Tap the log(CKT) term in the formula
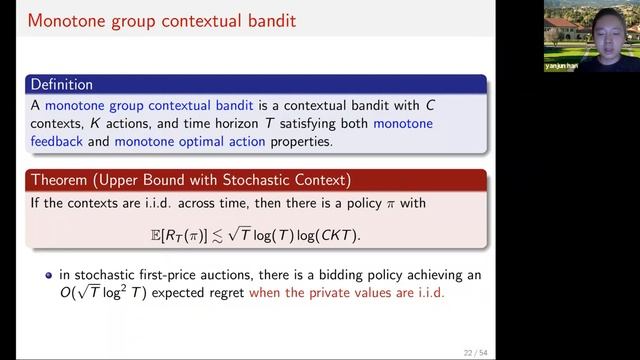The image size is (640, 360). click(x=336, y=235)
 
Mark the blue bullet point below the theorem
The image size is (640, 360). click(x=48, y=274)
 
